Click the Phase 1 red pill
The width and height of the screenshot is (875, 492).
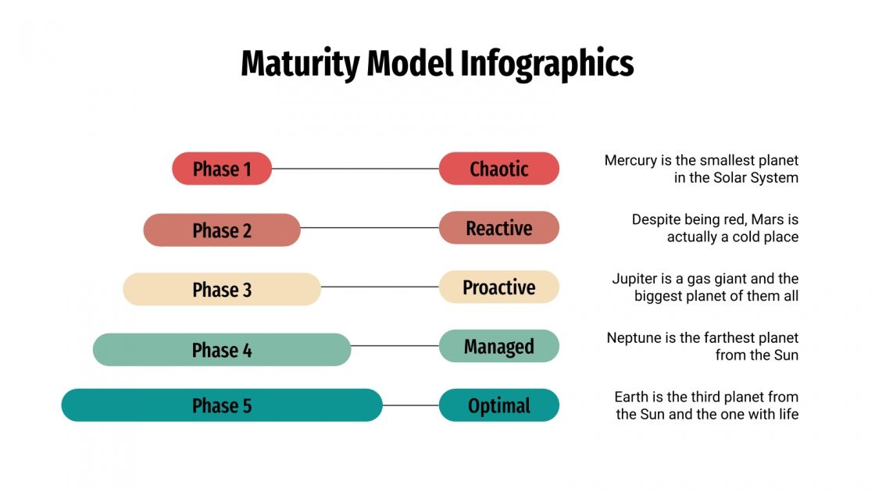pos(222,169)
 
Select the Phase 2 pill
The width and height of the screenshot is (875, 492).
pos(222,230)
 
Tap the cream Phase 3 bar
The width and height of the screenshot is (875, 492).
pos(222,290)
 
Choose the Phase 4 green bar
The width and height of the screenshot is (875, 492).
pos(222,350)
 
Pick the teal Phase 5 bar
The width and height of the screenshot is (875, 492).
pos(222,405)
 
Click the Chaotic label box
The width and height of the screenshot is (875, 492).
pos(499,169)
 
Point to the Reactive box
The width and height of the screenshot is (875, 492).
pos(499,228)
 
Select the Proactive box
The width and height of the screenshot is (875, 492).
pos(499,287)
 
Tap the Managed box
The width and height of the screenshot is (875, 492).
pos(499,346)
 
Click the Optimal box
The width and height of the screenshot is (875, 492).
pos(499,405)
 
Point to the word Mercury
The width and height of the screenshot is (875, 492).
pos(630,161)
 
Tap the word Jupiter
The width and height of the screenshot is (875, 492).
pos(636,279)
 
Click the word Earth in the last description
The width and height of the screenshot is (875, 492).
pos(631,397)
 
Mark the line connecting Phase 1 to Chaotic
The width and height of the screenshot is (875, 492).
pos(355,169)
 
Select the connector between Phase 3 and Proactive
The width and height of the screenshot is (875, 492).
pos(380,287)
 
